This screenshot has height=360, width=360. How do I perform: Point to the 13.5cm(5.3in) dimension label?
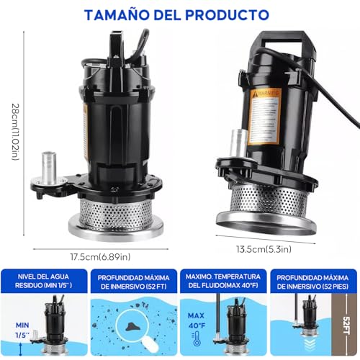[266, 248]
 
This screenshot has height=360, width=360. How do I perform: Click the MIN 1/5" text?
[22, 330]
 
